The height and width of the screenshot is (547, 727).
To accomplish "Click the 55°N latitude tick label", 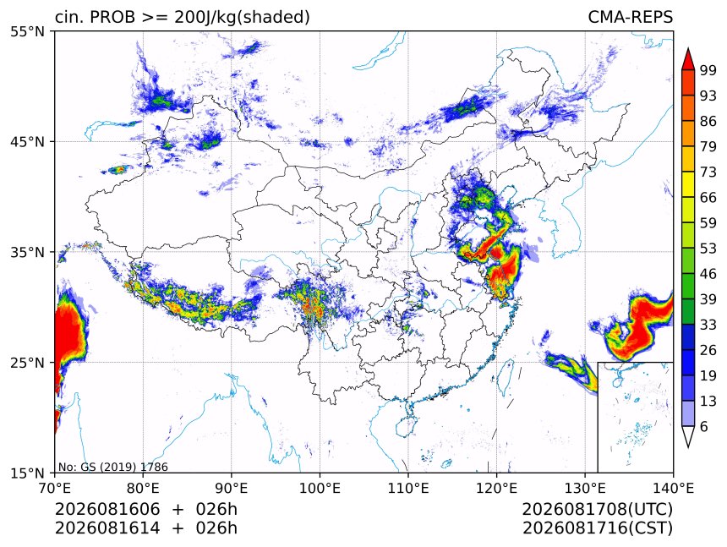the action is [27, 31].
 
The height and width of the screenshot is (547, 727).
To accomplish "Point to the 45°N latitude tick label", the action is [27, 141].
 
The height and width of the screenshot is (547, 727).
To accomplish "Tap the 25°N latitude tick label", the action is [27, 362].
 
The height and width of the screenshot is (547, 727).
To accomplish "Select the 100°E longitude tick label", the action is [320, 488].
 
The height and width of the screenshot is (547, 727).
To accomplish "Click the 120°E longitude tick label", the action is [496, 488].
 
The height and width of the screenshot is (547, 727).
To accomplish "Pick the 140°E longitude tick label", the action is [673, 488].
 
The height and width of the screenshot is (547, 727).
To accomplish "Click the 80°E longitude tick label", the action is [143, 488].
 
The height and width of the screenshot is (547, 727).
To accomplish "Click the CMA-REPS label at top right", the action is [630, 17].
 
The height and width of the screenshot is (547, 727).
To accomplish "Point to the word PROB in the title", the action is [112, 17].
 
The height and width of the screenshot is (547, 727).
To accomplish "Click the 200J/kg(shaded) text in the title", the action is [242, 18].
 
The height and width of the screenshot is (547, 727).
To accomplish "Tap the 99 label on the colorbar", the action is [708, 70].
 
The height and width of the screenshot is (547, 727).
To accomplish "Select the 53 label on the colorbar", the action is [708, 249].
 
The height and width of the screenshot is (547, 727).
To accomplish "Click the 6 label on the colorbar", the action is [704, 426].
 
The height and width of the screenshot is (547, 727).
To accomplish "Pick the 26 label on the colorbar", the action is [708, 350].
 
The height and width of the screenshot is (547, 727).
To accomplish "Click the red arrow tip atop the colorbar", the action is [688, 49].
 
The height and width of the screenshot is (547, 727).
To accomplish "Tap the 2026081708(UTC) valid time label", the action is [597, 509].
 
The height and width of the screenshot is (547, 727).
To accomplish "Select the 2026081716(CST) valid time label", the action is [597, 528].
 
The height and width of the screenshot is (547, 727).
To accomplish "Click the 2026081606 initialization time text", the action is [107, 509].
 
